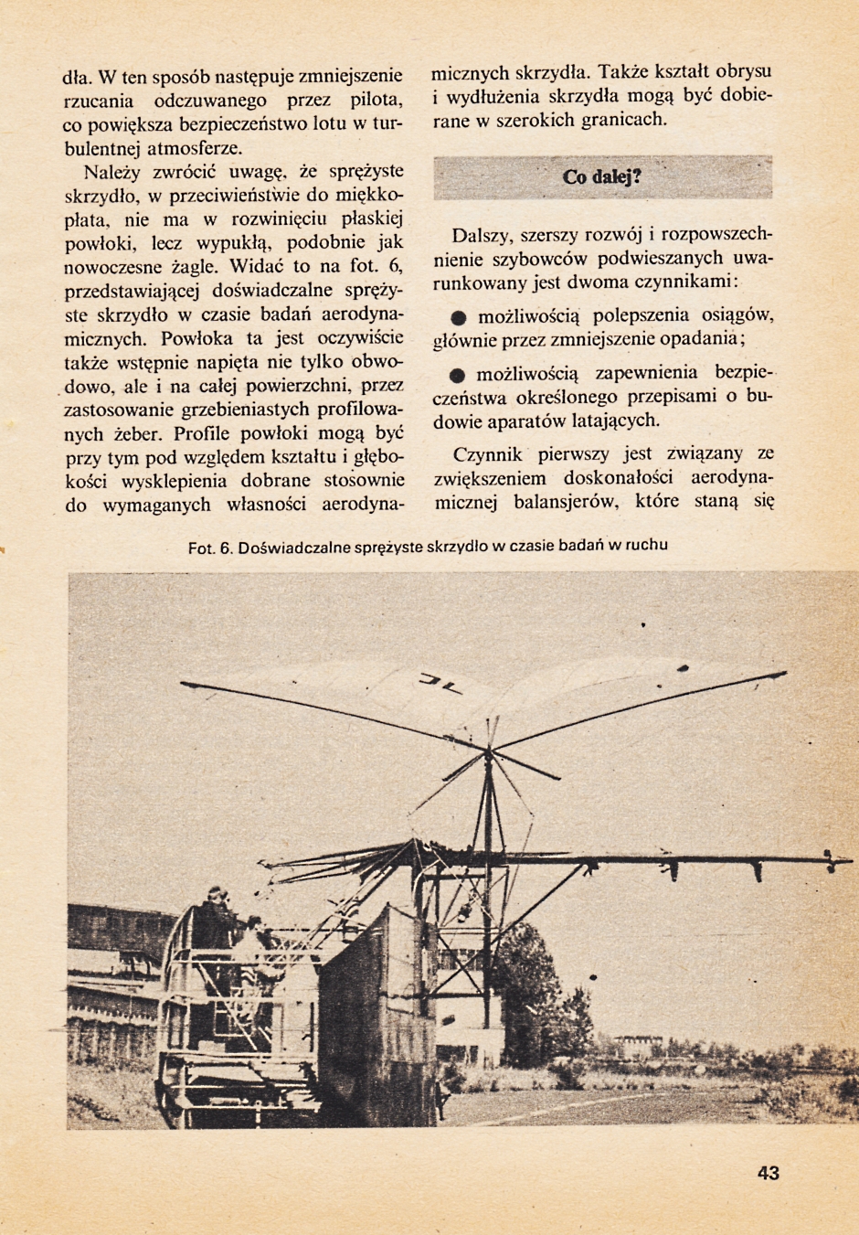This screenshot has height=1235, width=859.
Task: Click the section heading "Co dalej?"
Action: point(601,176)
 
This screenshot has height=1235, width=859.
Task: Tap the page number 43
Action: point(768,1173)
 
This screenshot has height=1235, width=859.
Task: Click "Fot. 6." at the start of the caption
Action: point(211,548)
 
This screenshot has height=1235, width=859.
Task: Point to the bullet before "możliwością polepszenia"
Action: point(459,317)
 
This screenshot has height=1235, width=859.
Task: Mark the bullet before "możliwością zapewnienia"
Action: point(459,375)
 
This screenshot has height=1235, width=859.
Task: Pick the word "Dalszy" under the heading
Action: point(483,235)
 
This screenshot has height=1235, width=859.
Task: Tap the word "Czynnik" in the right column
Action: point(488,454)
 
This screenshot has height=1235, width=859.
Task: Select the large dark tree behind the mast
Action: point(530,987)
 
